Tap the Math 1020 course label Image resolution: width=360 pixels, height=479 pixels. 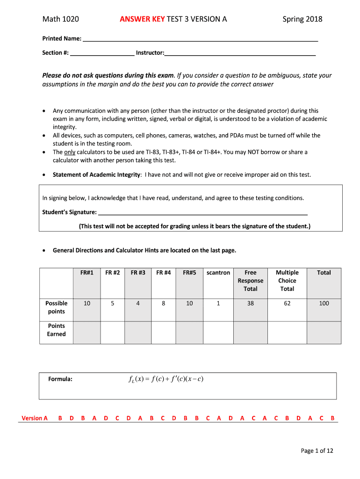tap(60, 19)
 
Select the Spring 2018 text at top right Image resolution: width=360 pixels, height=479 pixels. tap(302, 19)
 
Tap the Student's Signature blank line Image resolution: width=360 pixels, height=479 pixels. tap(202, 214)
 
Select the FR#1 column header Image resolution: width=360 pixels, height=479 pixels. tap(86, 273)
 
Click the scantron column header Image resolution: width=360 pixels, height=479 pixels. tap(218, 273)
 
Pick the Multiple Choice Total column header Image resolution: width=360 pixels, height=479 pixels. tap(287, 281)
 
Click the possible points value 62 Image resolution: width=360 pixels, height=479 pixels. tap(287, 303)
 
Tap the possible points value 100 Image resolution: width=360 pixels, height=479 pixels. tap(324, 303)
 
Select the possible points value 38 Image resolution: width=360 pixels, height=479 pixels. tap(251, 303)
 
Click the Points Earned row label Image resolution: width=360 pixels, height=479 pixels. tap(56, 330)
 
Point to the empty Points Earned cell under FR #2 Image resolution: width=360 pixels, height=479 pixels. tap(112, 333)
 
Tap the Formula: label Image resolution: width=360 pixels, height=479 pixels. tap(60, 379)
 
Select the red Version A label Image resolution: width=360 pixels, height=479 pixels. tap(35, 418)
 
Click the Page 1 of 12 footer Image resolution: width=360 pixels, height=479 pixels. tap(317, 451)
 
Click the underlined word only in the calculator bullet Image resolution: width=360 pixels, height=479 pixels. tap(70, 152)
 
